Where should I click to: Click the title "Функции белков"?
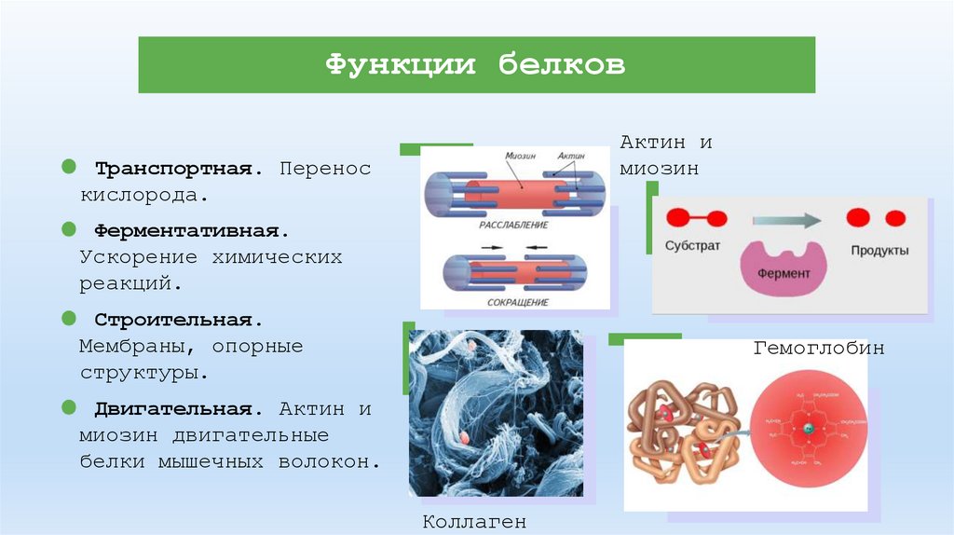point(475,65)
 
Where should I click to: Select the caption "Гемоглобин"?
point(819,349)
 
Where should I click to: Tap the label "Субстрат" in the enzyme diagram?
point(692,249)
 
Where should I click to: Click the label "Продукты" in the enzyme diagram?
point(879,251)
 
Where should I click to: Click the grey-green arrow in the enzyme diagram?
point(786,221)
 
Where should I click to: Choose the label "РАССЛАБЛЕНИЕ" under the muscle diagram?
point(513,226)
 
